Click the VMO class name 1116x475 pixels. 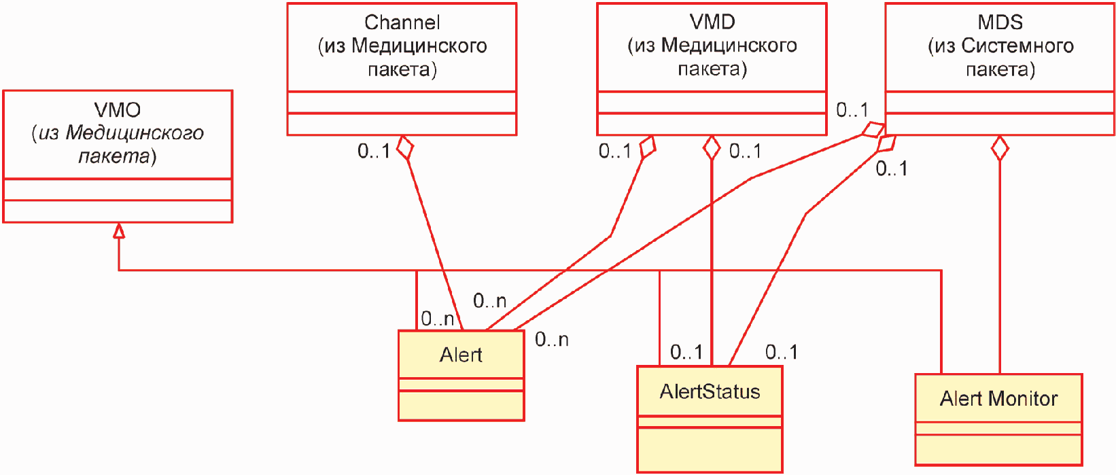117,110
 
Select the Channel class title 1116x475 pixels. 402,22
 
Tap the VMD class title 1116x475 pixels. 712,22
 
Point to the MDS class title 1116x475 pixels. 1000,22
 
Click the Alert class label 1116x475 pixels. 461,355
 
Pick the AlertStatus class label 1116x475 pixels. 710,392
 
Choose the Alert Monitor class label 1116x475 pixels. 998,399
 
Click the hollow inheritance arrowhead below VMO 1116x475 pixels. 118,230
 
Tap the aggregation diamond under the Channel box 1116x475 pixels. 405,147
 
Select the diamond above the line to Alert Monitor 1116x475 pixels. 1000,148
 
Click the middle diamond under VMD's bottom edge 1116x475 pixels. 712,148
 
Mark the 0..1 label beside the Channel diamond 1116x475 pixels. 374,151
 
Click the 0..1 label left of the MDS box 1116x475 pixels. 852,110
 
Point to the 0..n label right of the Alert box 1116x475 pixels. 551,340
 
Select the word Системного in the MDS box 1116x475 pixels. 1017,46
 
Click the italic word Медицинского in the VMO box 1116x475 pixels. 135,133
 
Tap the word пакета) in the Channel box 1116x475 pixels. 402,69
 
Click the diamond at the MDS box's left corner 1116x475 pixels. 873,130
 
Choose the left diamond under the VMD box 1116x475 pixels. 647,147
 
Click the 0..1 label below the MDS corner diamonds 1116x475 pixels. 892,169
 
